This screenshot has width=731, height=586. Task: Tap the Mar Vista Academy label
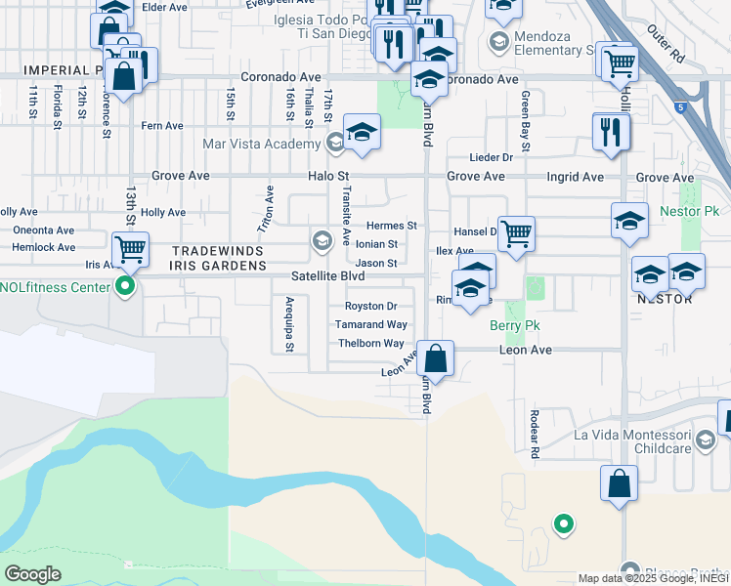pos(261,144)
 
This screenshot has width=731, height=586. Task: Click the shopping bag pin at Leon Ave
pos(436,357)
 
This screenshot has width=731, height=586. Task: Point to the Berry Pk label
pos(516,325)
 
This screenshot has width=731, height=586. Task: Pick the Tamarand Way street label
pos(370,324)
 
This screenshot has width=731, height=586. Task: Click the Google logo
pos(32,574)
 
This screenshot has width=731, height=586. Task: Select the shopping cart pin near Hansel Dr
pos(515,233)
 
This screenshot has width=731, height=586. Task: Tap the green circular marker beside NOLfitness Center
pos(124,286)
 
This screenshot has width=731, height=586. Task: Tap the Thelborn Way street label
pos(370,344)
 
